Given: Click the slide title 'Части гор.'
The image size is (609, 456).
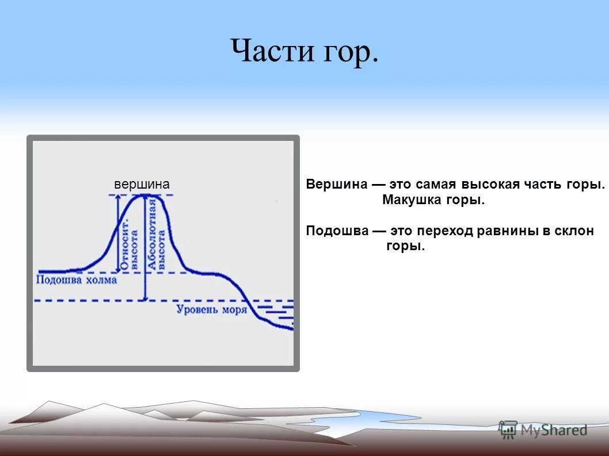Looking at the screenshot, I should pyautogui.click(x=304, y=52).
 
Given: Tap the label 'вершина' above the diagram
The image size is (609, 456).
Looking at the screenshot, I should pyautogui.click(x=142, y=184).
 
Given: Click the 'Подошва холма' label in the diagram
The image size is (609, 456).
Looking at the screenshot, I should pyautogui.click(x=77, y=280).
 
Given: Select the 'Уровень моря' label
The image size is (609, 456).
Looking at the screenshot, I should pyautogui.click(x=211, y=310).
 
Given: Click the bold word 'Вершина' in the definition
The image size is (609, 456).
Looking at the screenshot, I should pyautogui.click(x=336, y=185).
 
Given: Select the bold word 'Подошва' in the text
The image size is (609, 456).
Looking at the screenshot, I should pyautogui.click(x=337, y=231).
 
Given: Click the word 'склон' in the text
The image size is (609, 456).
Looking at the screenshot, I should pyautogui.click(x=574, y=231).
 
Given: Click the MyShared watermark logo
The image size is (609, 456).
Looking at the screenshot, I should pyautogui.click(x=543, y=430).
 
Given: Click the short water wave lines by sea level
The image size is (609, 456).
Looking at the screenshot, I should pyautogui.click(x=276, y=314).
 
